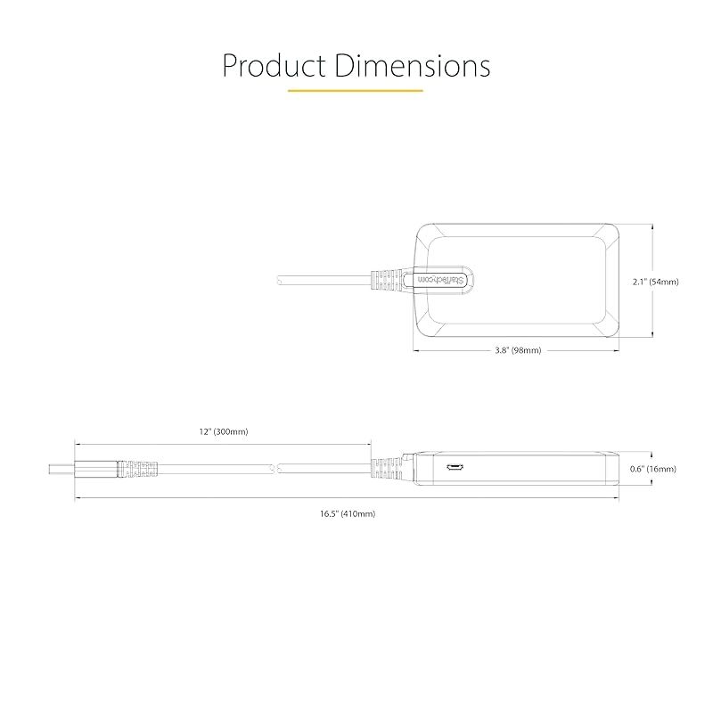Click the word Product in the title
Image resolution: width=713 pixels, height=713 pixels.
click(275, 65)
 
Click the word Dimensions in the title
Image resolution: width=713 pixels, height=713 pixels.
click(413, 65)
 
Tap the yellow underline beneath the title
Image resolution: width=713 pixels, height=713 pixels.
click(355, 91)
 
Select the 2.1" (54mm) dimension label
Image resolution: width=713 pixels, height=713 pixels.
click(656, 282)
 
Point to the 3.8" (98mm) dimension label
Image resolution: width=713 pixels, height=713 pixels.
click(518, 350)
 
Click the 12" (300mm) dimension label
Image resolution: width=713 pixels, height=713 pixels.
click(224, 431)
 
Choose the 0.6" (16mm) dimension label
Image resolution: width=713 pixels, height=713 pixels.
click(653, 469)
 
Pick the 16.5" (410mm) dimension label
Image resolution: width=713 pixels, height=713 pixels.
click(348, 514)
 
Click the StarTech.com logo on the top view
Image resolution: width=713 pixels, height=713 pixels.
click(440, 280)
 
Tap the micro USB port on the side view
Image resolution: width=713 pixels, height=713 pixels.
click(455, 467)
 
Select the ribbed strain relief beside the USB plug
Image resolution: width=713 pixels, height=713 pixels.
click(138, 470)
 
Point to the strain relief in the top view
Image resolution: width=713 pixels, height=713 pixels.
click(387, 280)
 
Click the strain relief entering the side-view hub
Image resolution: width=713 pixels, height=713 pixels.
click(387, 470)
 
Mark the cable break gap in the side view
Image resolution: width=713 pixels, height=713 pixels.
click(275, 469)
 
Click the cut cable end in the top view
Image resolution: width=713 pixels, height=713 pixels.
click(278, 280)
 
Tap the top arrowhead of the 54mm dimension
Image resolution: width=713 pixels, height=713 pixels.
click(652, 226)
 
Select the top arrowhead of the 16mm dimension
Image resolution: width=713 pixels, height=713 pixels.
click(652, 454)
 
